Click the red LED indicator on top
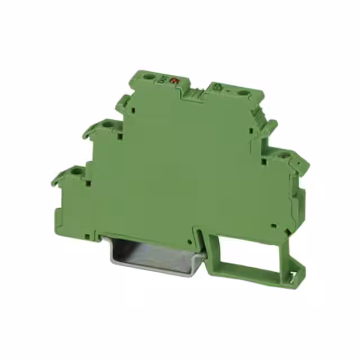pos(174,82)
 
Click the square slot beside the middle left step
pos(120,135)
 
